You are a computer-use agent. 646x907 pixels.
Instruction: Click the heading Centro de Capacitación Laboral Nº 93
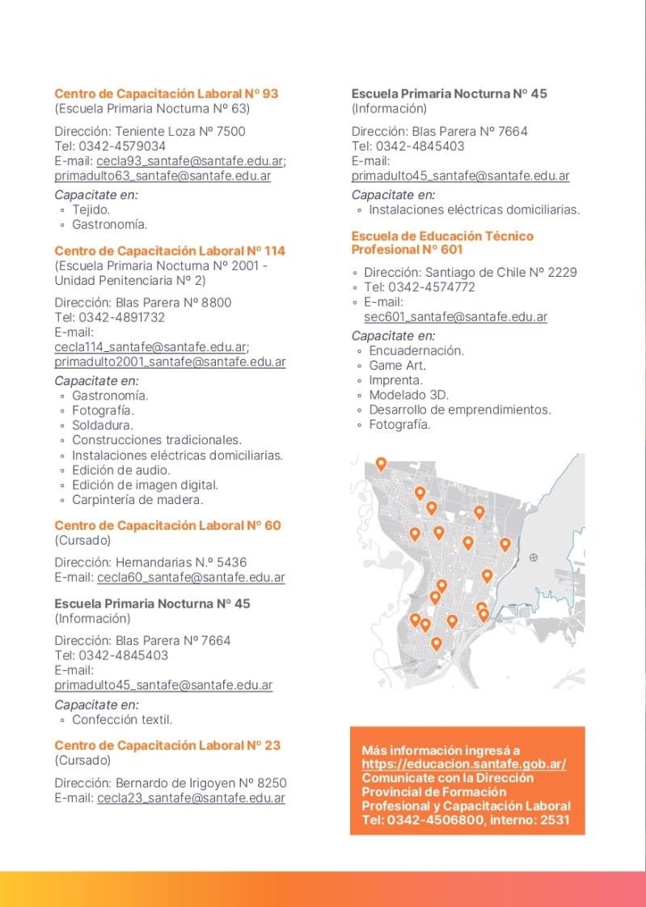(166, 94)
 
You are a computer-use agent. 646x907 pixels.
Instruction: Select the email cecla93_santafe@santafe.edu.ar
(190, 161)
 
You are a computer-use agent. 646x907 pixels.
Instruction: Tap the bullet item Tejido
(91, 210)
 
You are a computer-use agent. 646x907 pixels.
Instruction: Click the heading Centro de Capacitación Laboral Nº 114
(170, 251)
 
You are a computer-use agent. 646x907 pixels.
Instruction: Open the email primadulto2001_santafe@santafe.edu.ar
(170, 362)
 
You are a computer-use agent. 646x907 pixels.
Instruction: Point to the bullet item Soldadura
(103, 426)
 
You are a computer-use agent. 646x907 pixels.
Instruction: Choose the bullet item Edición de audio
(121, 470)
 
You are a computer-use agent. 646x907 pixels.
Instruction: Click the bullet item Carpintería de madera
(137, 500)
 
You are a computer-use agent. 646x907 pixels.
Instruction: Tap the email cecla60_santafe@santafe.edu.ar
(191, 578)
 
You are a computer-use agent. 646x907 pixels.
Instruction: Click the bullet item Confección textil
(122, 720)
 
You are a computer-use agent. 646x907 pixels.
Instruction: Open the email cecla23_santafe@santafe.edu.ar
(191, 799)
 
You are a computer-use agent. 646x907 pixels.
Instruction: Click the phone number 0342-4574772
(432, 287)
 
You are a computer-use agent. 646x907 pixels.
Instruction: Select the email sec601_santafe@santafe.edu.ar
(455, 317)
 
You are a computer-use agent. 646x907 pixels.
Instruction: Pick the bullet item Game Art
(397, 366)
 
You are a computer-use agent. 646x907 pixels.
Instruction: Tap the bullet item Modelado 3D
(408, 395)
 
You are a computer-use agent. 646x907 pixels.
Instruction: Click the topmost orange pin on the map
(382, 464)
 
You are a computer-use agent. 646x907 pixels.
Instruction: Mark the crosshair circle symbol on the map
(533, 557)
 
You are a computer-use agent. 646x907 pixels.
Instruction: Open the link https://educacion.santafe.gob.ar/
(463, 765)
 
